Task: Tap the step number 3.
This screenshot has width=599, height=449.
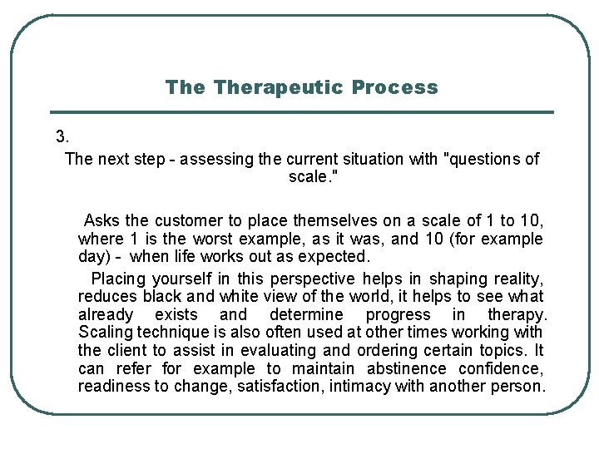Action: coord(62,136)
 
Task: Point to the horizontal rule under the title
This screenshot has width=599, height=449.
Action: coord(302,112)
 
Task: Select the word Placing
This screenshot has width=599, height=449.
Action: coord(118,279)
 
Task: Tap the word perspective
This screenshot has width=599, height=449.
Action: coord(313,279)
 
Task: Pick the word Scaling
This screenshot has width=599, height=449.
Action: coord(105,333)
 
